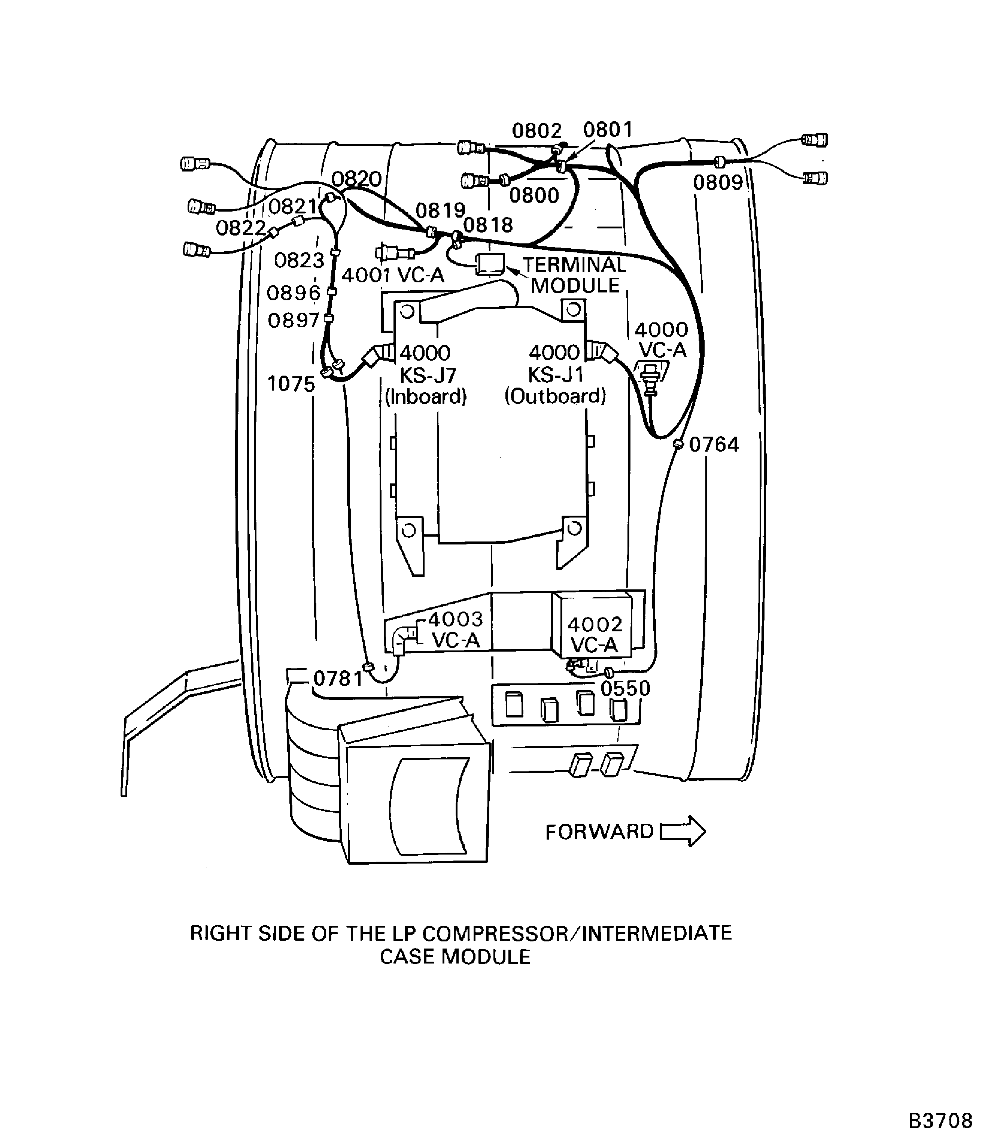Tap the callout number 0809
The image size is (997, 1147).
tap(718, 182)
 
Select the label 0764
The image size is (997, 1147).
tap(714, 444)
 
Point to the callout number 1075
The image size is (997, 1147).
tap(291, 384)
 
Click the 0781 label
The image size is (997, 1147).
tap(338, 679)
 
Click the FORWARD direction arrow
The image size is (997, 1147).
tap(683, 832)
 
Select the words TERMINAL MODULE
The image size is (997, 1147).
tap(575, 275)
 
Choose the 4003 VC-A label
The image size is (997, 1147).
tap(456, 629)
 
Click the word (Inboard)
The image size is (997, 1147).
tap(426, 396)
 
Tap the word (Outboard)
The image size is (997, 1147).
tap(555, 396)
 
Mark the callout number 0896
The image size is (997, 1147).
tap(294, 293)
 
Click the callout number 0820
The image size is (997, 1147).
tap(357, 179)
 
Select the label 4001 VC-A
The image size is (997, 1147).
tap(393, 275)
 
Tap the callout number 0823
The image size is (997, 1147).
tap(299, 261)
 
